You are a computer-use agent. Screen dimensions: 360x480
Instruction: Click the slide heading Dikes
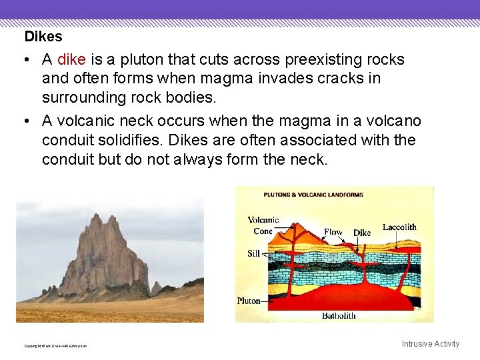(43, 37)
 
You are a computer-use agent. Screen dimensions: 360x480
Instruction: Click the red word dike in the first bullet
(71, 60)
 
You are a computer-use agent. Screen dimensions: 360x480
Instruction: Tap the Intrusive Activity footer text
(430, 344)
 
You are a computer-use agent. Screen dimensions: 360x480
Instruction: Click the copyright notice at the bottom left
(55, 346)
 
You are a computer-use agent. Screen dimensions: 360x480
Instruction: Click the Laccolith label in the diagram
(399, 227)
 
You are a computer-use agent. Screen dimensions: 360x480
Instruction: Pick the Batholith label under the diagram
(339, 315)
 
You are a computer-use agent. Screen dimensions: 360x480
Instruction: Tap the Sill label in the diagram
(253, 253)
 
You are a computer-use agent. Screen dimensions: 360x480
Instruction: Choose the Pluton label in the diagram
(249, 301)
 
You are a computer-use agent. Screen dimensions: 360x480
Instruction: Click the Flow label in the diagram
(333, 232)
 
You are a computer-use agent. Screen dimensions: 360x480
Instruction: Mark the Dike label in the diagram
(362, 233)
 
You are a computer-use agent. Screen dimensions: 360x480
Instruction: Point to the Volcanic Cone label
(263, 225)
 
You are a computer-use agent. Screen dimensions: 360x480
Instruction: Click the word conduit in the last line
(69, 159)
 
